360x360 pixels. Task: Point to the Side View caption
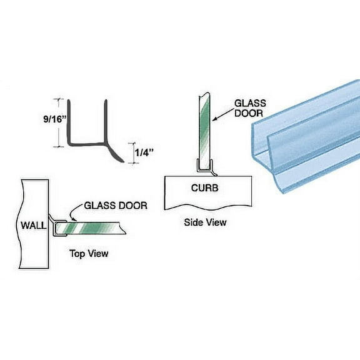point(205,222)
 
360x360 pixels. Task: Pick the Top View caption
point(88,253)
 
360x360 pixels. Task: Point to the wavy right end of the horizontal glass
point(125,232)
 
